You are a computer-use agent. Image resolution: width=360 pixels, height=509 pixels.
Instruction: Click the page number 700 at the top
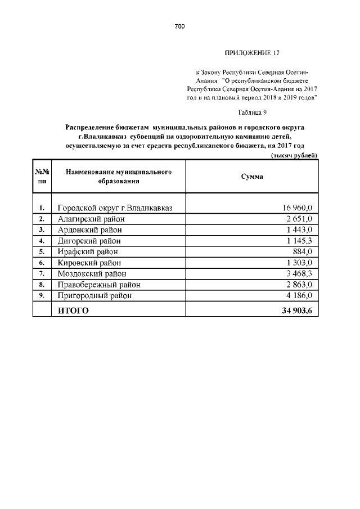point(179,26)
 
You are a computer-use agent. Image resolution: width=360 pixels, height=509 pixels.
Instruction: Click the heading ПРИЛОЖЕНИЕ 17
point(252,53)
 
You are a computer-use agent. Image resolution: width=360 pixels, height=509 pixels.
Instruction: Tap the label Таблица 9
point(252,112)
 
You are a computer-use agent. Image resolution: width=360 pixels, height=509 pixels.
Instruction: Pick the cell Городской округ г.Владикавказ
point(115,208)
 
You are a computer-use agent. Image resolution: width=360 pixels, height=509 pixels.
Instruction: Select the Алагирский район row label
point(91,219)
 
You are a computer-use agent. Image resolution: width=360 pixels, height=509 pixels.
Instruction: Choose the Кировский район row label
point(89,263)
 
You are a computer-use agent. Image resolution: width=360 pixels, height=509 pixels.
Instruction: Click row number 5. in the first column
point(42,251)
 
